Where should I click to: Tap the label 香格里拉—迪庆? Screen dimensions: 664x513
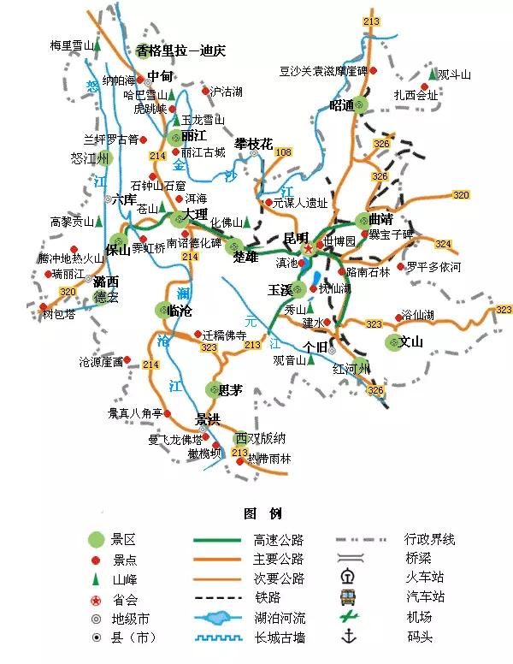pos(180,50)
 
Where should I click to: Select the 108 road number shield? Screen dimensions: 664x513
pos(283,152)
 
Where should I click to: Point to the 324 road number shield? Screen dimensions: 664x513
pos(442,244)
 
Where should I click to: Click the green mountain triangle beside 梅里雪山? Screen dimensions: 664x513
pos(97,43)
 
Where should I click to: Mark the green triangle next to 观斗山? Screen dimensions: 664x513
pos(433,74)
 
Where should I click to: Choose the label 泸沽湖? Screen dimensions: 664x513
pos(226,90)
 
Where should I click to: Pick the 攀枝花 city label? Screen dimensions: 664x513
pos(254,144)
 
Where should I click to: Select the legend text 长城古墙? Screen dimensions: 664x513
pos(278,637)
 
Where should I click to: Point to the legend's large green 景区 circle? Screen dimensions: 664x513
pos(97,539)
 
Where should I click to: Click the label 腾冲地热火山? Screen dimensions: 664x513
pos(70,258)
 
